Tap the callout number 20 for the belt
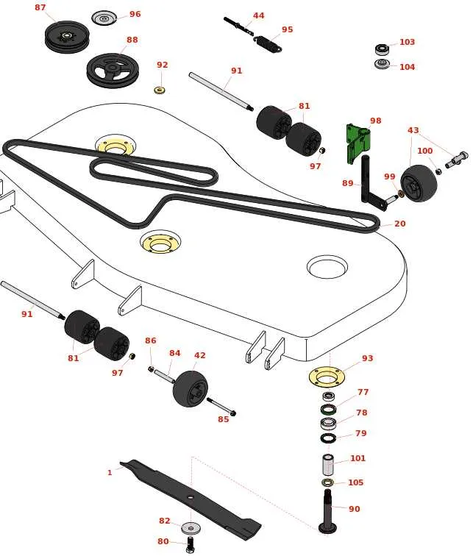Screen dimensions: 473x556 [399, 224]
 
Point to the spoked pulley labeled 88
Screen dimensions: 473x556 [113, 69]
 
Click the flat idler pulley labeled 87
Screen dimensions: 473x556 [67, 36]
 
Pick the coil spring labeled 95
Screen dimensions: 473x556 [268, 44]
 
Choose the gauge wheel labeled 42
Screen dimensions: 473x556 [191, 388]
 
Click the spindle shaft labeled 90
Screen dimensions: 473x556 [328, 510]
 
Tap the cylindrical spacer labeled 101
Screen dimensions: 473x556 [328, 465]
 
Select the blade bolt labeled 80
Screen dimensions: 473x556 [191, 544]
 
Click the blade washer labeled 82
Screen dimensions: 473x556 [191, 528]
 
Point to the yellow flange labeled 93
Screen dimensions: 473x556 [327, 377]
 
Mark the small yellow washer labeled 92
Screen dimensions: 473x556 [160, 89]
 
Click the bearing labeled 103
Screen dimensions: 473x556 [382, 49]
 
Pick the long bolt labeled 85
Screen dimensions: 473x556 [221, 406]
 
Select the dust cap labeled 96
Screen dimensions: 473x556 [104, 18]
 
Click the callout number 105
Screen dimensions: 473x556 [355, 482]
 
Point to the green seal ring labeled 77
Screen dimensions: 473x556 [329, 409]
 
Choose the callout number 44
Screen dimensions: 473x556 [258, 15]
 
